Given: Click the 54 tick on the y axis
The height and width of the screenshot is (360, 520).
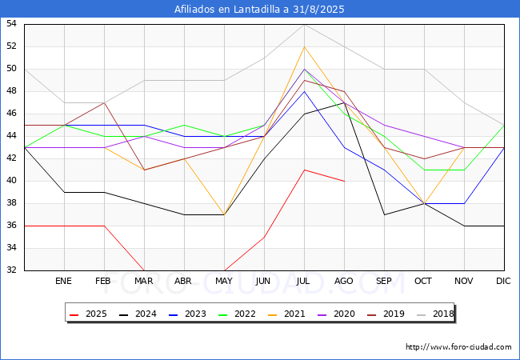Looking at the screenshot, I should pos(12,24).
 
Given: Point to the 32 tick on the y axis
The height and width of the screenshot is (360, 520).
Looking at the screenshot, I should pos(12,270).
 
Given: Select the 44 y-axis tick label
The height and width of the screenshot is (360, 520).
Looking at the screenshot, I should pos(12,136).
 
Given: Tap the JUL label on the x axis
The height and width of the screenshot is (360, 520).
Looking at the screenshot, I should pos(304,282).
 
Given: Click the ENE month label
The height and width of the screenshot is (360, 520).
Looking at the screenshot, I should pos(64,282).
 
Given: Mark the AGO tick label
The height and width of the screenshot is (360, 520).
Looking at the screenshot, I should pos(344,282).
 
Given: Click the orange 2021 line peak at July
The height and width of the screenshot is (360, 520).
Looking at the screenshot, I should pos(304,46).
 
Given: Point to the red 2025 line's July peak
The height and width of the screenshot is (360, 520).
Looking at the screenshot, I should pos(304,170).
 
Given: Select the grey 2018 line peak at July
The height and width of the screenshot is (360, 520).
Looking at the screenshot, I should pos(304,24).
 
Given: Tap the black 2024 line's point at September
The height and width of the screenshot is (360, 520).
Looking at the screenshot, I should pos(384,214).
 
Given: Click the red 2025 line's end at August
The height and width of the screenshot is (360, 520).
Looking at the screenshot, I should pos(344,181).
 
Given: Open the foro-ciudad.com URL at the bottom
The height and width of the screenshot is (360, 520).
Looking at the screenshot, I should pos(458,347).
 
